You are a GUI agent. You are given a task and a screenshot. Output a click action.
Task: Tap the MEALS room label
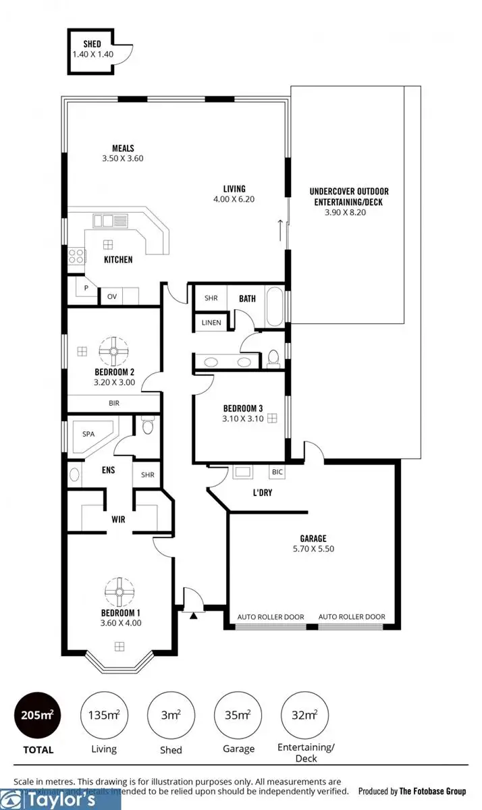[123, 148]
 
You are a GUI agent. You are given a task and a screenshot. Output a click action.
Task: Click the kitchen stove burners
[76, 256]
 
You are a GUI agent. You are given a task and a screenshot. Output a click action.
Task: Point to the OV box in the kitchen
[111, 296]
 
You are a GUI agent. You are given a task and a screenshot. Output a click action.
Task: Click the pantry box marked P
[86, 288]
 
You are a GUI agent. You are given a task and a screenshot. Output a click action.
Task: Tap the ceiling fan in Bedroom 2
[113, 350]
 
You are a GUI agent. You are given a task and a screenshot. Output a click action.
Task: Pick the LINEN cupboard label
[211, 323]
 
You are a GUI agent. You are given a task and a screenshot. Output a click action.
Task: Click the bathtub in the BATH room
[275, 308]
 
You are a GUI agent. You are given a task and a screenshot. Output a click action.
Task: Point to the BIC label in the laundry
[277, 473]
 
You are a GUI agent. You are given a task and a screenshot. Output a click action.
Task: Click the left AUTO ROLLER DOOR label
[270, 617]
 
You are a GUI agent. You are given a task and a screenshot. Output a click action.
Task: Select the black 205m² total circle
[38, 715]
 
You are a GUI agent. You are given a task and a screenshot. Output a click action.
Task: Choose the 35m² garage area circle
[238, 715]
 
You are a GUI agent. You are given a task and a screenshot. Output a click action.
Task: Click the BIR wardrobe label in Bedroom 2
[113, 403]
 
